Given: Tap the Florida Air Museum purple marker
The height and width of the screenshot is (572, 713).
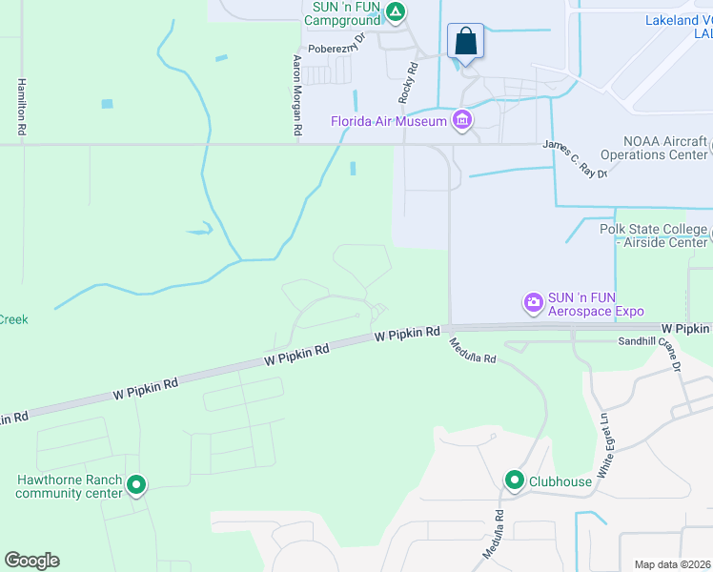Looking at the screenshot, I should coord(463,120).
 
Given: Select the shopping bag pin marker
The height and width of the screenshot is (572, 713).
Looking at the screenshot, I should coord(465,42).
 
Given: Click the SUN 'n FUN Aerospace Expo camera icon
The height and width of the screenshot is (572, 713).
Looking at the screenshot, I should coord(533,303).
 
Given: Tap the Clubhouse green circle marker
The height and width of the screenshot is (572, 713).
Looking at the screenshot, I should coord(516,480).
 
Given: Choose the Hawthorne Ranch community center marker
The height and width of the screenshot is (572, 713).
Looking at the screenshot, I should coord(136,486).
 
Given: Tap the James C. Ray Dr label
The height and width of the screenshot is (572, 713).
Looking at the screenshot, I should coord(575,155).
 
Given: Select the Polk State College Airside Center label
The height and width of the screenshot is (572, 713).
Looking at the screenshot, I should coord(653,235).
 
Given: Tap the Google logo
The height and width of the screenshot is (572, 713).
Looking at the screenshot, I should coord(31,561).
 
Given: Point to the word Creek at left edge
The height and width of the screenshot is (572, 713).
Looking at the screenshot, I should coord(13,319).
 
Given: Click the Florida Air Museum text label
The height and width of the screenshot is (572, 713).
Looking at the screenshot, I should coord(389,121).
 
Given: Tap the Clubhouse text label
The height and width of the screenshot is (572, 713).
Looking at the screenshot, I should coord(561,481).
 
